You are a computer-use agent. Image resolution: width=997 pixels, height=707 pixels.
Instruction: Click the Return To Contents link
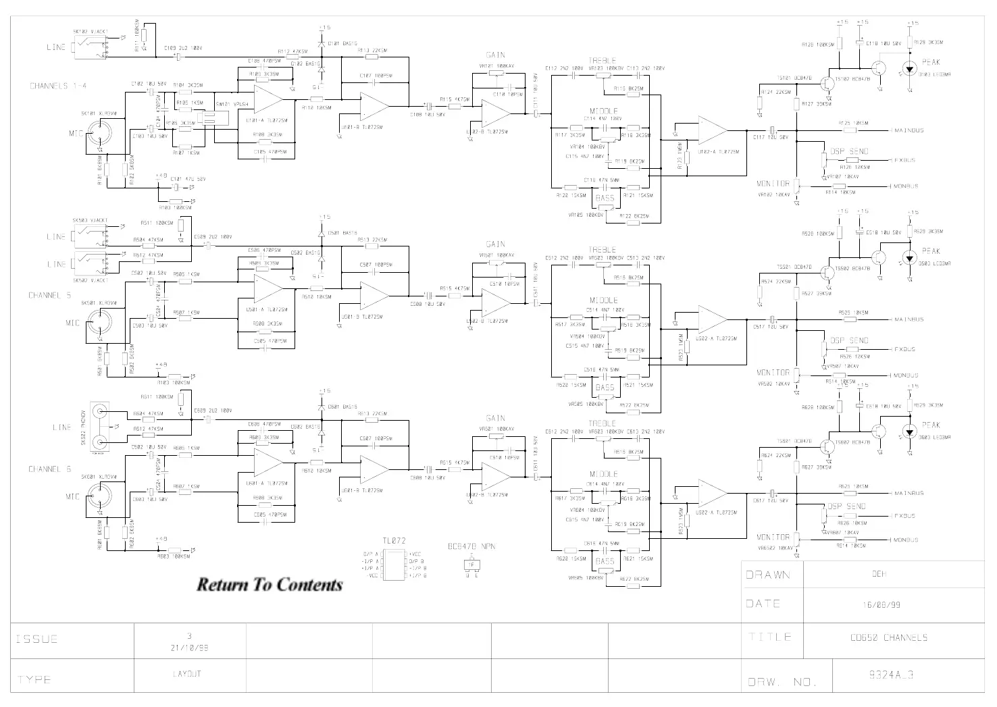click(270, 585)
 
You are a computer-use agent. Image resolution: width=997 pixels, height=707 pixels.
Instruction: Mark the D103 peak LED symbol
click(910, 69)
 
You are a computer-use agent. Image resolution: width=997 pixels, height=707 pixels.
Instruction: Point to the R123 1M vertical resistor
click(686, 157)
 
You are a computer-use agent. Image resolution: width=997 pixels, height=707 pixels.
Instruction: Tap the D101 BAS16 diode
click(322, 43)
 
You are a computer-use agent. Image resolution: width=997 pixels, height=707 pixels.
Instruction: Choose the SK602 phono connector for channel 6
click(100, 427)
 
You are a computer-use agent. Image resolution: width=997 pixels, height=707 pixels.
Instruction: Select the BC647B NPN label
click(471, 546)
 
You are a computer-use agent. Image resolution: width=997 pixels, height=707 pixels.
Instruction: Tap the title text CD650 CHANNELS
click(889, 637)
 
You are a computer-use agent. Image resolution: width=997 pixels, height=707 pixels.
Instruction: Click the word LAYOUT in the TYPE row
click(187, 674)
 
